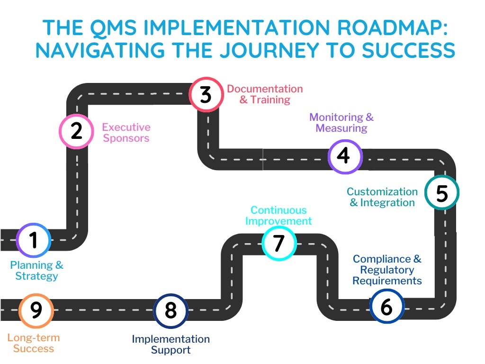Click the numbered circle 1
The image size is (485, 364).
pos(34,240)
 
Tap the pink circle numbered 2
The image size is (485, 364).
pos(76,132)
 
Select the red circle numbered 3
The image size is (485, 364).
pos(207,95)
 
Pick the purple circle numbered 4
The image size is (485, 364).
pos(345,156)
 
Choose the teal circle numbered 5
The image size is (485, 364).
pos(442,192)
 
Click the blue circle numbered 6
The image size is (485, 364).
pos(387,306)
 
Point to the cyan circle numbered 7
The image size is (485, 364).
pos(279,243)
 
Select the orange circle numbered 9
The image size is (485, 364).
pos(36,310)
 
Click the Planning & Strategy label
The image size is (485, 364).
pos(36,271)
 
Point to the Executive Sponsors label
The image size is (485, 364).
pos(126,133)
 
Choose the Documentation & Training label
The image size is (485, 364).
pos(265,94)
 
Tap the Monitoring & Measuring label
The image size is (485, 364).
pos(341,123)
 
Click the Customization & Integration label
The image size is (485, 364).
pos(382,197)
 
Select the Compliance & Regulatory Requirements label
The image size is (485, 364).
pos(387,270)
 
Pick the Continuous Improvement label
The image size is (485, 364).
pos(278,216)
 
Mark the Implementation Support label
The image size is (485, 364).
pos(171,344)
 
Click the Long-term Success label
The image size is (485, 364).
pos(34,343)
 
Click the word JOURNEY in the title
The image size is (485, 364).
pos(269,50)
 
